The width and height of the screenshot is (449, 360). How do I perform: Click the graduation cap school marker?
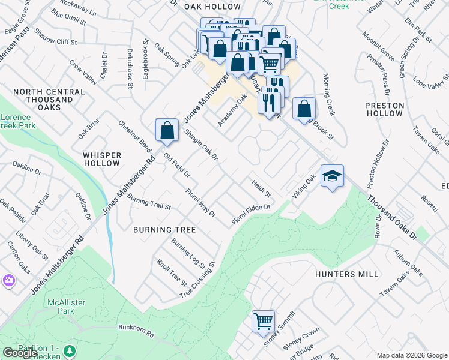point(332,176)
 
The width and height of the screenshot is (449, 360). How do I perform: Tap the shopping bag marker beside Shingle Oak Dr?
point(167,130)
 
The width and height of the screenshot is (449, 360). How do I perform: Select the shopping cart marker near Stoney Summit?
point(263,321)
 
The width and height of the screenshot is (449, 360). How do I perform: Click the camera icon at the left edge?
point(8,280)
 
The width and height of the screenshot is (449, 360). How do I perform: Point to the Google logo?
point(20,353)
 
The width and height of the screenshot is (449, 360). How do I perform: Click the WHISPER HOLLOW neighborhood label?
point(102,159)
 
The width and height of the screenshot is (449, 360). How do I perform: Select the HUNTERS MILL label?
point(346,274)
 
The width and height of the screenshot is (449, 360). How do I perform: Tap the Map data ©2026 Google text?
point(412,355)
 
